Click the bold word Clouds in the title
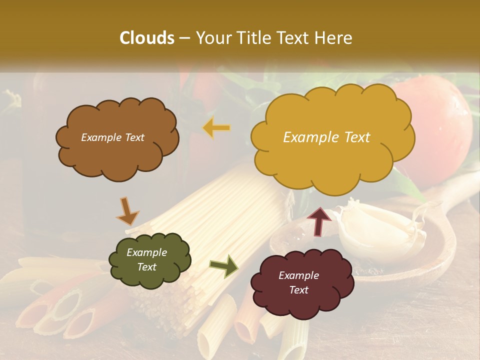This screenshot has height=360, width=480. [x=147, y=38]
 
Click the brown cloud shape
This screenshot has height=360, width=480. [x=117, y=150]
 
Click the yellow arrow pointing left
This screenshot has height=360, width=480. [x=216, y=128]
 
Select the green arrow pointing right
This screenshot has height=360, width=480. [x=224, y=265]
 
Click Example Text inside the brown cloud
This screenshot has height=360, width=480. [x=112, y=137]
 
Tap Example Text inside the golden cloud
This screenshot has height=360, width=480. [x=326, y=137]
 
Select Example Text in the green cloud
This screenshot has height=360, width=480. [x=146, y=259]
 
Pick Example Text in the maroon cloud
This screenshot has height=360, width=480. [x=298, y=282]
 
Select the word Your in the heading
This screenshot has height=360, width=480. [x=214, y=38]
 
